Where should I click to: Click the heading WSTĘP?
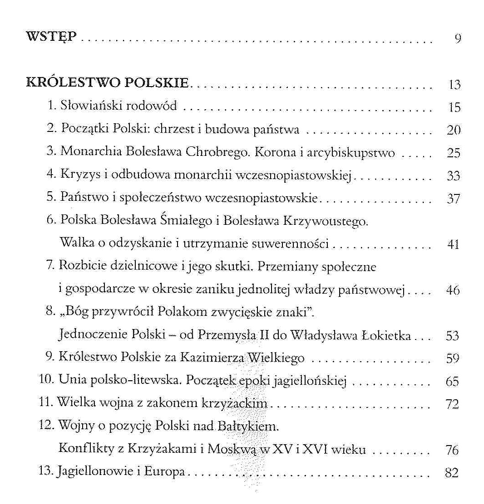click(x=53, y=37)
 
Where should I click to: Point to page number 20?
click(x=454, y=131)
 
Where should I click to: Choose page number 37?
click(x=454, y=199)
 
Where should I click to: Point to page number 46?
click(x=453, y=291)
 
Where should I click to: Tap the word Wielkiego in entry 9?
click(x=276, y=359)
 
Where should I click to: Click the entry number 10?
click(x=47, y=381)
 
